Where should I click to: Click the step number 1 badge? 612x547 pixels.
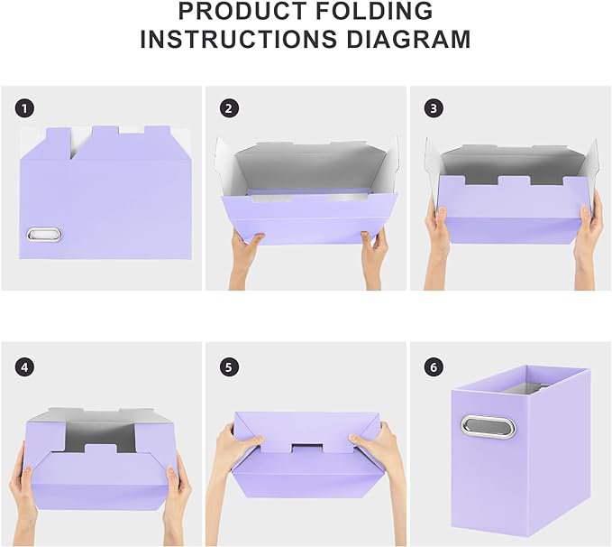tap(24, 108)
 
